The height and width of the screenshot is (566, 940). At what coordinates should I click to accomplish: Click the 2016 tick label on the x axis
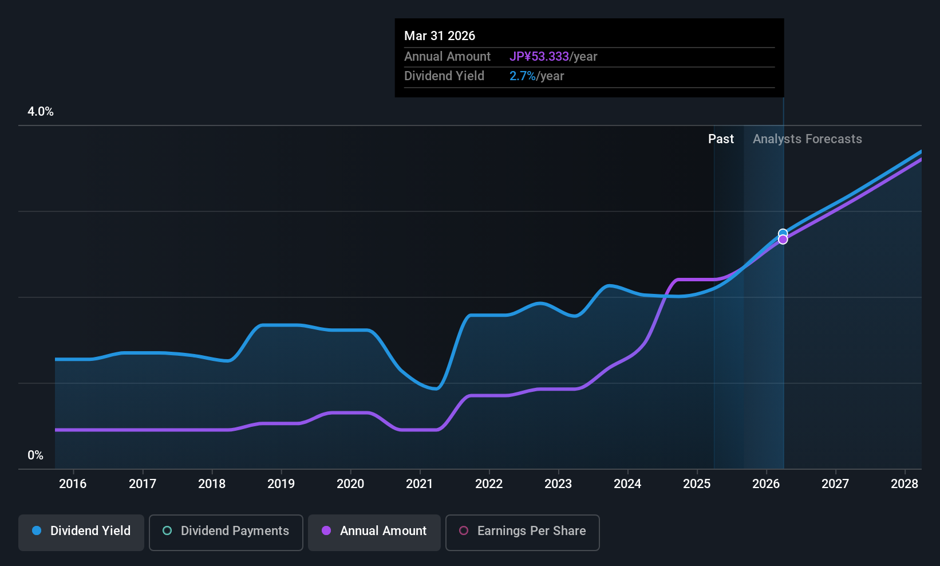[x=73, y=484]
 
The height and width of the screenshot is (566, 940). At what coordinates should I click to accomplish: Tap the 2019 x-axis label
[x=281, y=484]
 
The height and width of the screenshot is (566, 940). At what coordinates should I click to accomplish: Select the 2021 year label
[x=420, y=484]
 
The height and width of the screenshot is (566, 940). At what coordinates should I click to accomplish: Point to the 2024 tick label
[x=627, y=484]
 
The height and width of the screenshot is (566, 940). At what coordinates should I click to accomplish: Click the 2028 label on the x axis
[x=905, y=484]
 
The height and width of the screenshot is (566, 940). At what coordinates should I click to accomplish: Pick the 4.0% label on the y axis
[x=41, y=112]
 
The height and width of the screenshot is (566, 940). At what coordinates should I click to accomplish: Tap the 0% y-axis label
[x=35, y=455]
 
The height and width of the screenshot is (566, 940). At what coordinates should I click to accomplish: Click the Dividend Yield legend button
[x=81, y=531]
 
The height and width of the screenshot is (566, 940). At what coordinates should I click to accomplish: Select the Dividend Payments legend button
[x=226, y=531]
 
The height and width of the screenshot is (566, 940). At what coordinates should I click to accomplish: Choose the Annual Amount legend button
[x=374, y=531]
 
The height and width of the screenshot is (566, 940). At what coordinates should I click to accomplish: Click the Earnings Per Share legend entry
[x=522, y=531]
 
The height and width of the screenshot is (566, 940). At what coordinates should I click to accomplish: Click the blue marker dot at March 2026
[x=783, y=233]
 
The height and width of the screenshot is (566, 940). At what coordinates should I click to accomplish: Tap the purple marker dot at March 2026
[x=783, y=240]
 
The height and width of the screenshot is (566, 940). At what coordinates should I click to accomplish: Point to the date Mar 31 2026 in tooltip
[x=440, y=36]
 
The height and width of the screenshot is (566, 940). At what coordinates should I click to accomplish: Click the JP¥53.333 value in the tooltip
[x=539, y=57]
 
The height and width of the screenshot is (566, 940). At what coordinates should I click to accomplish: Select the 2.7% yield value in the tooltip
[x=522, y=76]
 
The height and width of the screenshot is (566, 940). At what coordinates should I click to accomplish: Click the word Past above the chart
[x=721, y=139]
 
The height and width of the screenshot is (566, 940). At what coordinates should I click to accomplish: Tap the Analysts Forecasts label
[x=807, y=139]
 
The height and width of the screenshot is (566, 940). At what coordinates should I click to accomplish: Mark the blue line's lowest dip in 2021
[x=436, y=389]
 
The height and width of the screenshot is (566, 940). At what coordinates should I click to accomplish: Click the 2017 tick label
[x=143, y=484]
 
